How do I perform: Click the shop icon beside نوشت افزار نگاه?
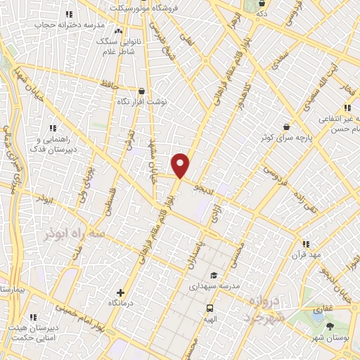point(142,91)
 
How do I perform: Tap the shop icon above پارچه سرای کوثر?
point(286,127)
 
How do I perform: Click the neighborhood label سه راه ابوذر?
point(68,232)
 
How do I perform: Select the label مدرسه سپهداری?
point(214,287)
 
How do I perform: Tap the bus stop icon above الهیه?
point(210,307)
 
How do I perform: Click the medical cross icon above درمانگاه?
point(120,292)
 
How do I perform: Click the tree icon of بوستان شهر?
point(330,326)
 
